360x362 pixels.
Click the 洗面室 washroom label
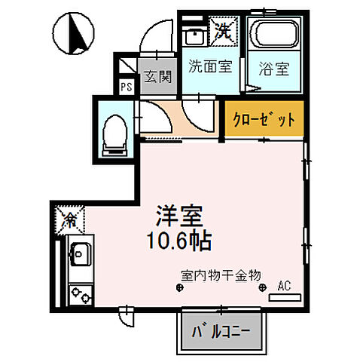209,66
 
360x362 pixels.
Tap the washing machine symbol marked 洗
223,31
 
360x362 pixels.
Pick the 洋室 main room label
178,214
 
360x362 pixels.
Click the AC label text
285,286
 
